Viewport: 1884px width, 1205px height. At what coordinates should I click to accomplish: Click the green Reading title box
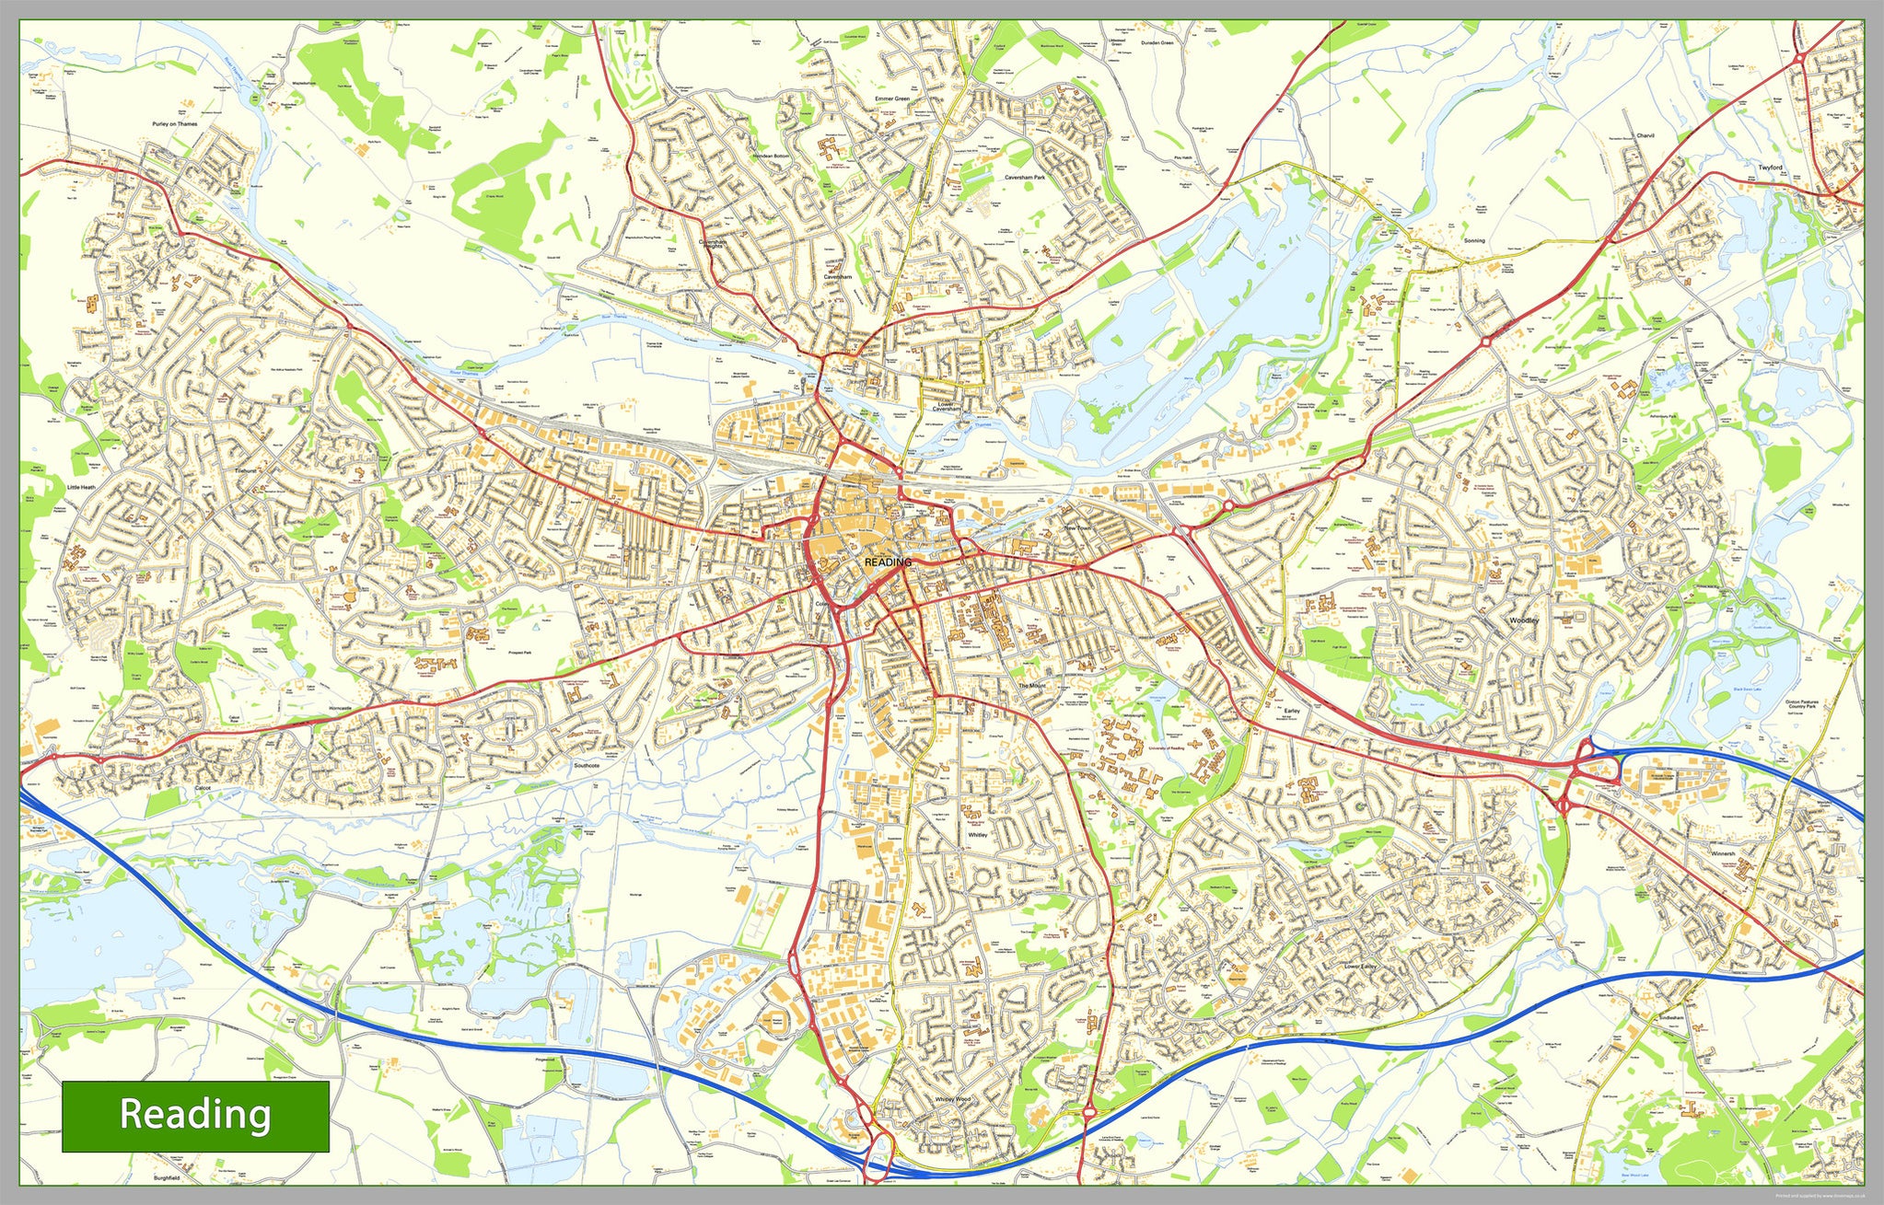tap(195, 1116)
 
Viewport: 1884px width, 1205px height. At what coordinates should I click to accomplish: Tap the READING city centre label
tap(889, 562)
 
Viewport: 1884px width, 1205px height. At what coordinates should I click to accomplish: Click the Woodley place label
tap(1524, 620)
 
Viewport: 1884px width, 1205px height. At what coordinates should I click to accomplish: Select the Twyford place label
tap(1771, 168)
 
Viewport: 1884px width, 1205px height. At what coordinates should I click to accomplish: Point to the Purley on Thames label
tap(175, 123)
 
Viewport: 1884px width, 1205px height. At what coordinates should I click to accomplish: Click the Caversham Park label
tap(1025, 177)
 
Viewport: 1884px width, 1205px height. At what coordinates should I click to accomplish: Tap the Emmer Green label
tap(891, 98)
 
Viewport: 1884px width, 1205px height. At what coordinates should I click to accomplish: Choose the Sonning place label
tap(1474, 240)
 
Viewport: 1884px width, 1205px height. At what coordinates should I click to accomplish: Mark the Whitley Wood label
tap(952, 1099)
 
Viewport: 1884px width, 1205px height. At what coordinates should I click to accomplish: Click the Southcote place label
tap(587, 765)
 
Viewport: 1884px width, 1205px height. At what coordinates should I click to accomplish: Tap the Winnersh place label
tap(1723, 853)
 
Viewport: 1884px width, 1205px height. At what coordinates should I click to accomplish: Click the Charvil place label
tap(1645, 135)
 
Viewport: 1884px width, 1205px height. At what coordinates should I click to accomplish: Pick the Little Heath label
tap(81, 487)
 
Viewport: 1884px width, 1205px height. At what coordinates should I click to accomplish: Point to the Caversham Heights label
tap(713, 245)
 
